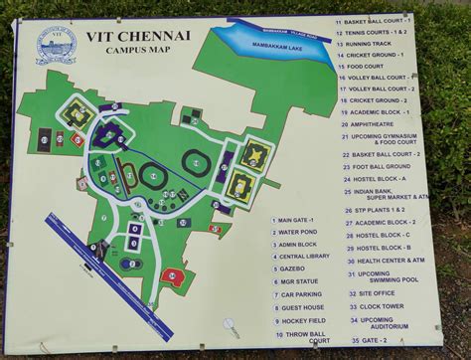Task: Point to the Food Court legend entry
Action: tap(372, 66)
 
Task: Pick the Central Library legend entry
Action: tap(303, 256)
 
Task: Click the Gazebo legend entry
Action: tap(293, 269)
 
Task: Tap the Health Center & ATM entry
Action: tap(391, 261)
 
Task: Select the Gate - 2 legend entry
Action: tap(372, 340)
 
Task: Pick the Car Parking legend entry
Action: tap(301, 294)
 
